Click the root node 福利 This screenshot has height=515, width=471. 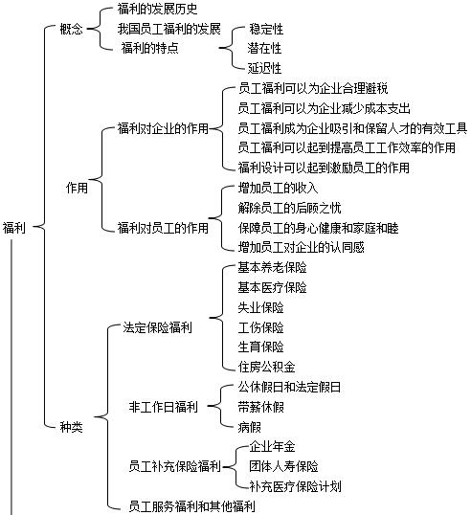pyautogui.click(x=14, y=228)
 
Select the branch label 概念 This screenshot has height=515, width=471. pyautogui.click(x=71, y=29)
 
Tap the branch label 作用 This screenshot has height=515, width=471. pyautogui.click(x=77, y=188)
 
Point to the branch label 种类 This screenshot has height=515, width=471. pyautogui.click(x=71, y=427)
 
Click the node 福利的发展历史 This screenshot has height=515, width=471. pyautogui.click(x=157, y=9)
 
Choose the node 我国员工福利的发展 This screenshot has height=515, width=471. pyautogui.click(x=169, y=29)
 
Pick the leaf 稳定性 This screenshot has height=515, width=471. pyautogui.click(x=266, y=29)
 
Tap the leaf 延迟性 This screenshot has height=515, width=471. pyautogui.click(x=265, y=68)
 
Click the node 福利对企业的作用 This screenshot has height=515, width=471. pyautogui.click(x=164, y=128)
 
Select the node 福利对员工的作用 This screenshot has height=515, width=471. pyautogui.click(x=164, y=228)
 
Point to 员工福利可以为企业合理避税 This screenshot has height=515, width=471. pyautogui.click(x=313, y=88)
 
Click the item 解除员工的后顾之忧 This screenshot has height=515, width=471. pyautogui.click(x=290, y=208)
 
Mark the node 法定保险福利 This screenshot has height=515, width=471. pyautogui.click(x=157, y=327)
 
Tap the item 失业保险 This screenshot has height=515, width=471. pyautogui.click(x=260, y=307)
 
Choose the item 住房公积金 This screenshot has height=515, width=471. pyautogui.click(x=267, y=367)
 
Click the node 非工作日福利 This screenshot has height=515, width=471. pyautogui.click(x=164, y=407)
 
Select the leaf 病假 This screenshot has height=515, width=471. pyautogui.click(x=249, y=427)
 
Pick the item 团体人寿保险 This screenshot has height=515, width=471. pyautogui.click(x=283, y=466)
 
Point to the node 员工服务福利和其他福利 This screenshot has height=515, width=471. pyautogui.click(x=191, y=506)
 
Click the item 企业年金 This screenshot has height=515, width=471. pyautogui.click(x=272, y=447)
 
